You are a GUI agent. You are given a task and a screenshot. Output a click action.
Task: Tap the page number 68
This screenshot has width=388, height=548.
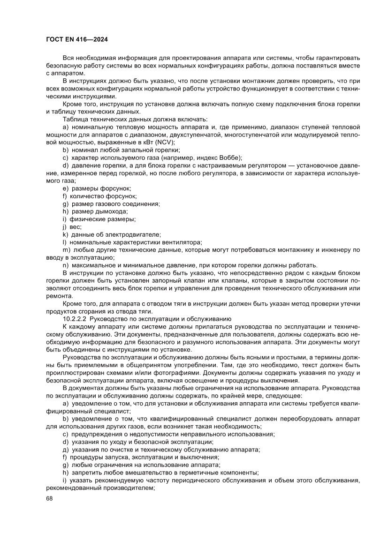[50, 498]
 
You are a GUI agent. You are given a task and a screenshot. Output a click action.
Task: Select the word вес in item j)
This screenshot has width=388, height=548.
[76, 226]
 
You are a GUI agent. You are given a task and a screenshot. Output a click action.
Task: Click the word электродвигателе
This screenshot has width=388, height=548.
[136, 234]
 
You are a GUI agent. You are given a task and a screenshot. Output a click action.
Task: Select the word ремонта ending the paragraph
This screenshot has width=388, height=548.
[60, 296]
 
